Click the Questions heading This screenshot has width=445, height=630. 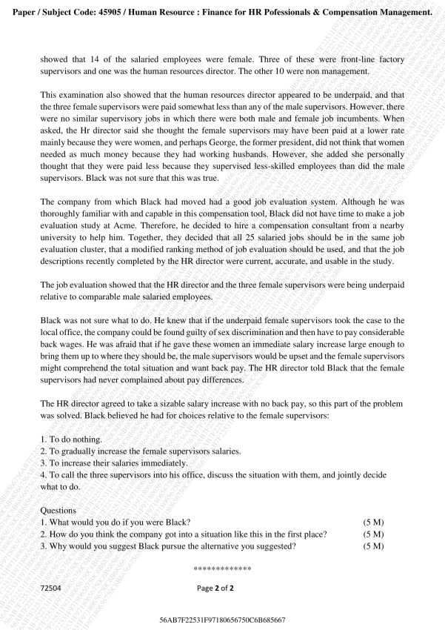pos(58,511)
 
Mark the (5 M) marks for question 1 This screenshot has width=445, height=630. pos(373,523)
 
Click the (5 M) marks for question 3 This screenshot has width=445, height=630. pos(373,546)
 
